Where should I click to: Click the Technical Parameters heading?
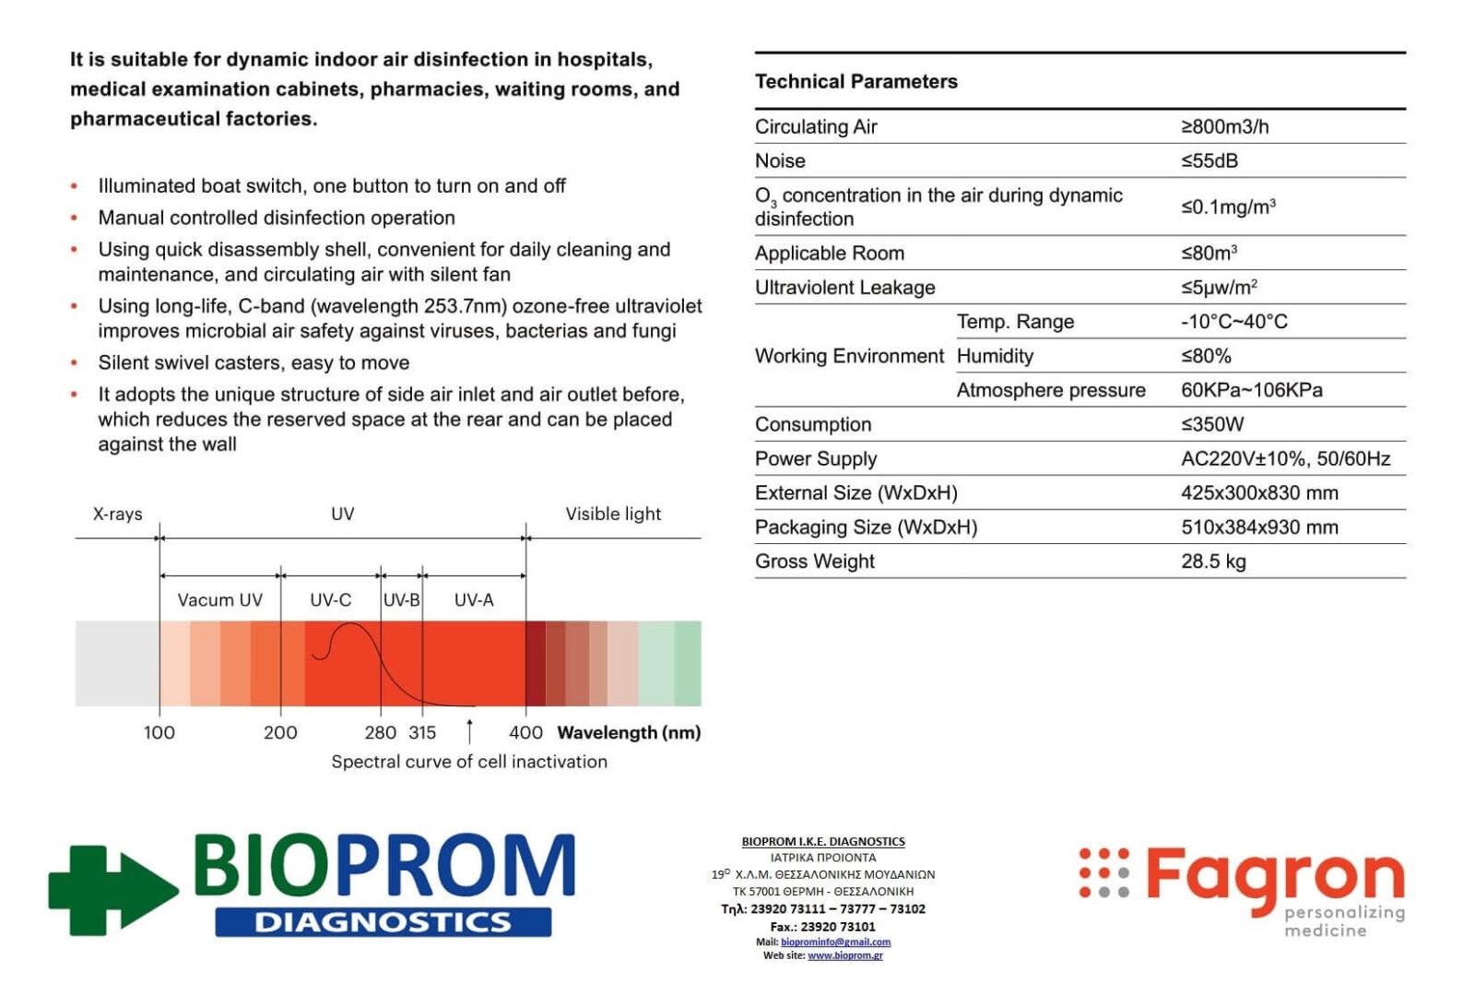pyautogui.click(x=855, y=81)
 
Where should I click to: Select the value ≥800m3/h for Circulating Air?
pyautogui.click(x=1224, y=126)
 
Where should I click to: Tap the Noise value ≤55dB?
pyautogui.click(x=1209, y=160)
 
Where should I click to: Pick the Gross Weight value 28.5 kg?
pyautogui.click(x=1213, y=561)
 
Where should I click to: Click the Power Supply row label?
pyautogui.click(x=816, y=458)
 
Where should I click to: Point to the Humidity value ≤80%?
pyautogui.click(x=1206, y=356)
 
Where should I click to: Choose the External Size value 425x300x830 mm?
pyautogui.click(x=1259, y=492)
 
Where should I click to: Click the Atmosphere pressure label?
pyautogui.click(x=1051, y=390)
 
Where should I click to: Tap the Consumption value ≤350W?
pyautogui.click(x=1212, y=424)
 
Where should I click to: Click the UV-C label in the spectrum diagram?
pyautogui.click(x=330, y=600)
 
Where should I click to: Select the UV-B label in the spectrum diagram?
pyautogui.click(x=402, y=600)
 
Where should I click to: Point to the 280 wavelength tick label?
pyautogui.click(x=380, y=732)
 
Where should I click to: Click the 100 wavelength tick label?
pyautogui.click(x=159, y=732)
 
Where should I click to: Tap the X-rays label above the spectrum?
pyautogui.click(x=117, y=514)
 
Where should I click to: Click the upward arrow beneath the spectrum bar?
pyautogui.click(x=470, y=730)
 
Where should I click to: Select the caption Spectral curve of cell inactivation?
pyautogui.click(x=469, y=762)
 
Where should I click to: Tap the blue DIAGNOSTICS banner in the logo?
pyautogui.click(x=383, y=922)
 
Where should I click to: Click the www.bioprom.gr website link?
pyautogui.click(x=844, y=955)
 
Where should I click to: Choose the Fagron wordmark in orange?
pyautogui.click(x=1274, y=876)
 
